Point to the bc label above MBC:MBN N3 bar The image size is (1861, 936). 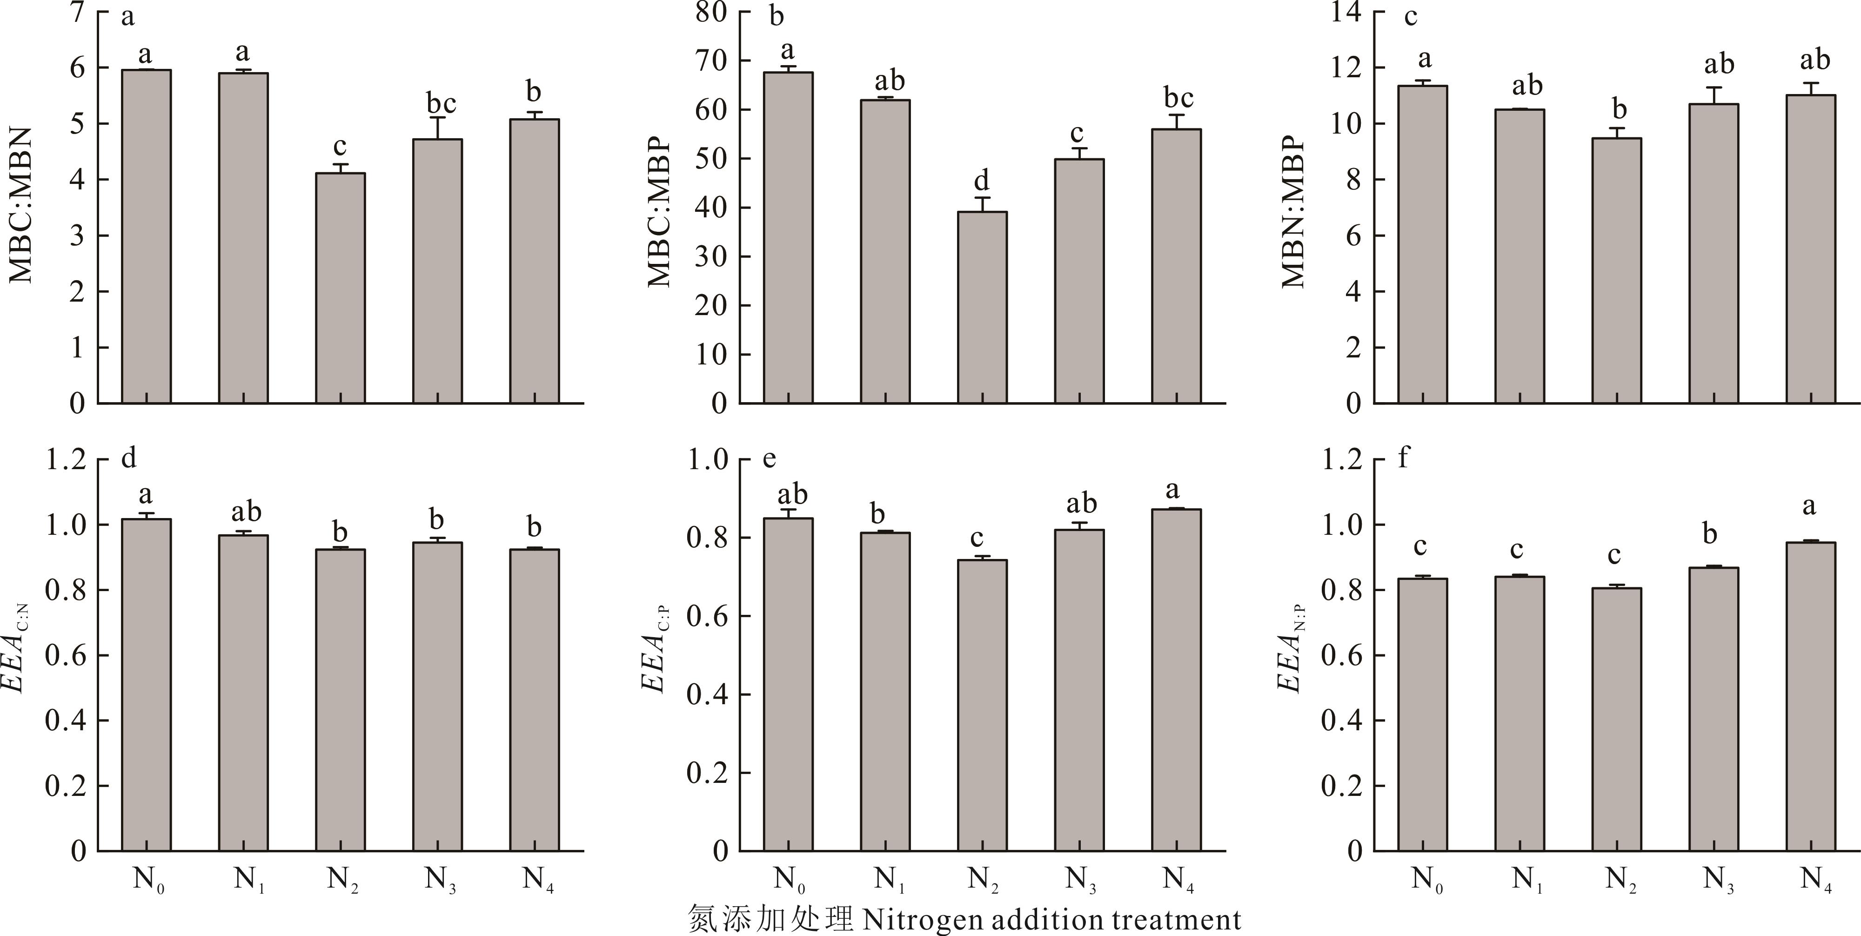(x=441, y=103)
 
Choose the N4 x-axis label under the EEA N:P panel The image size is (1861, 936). (x=1815, y=880)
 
